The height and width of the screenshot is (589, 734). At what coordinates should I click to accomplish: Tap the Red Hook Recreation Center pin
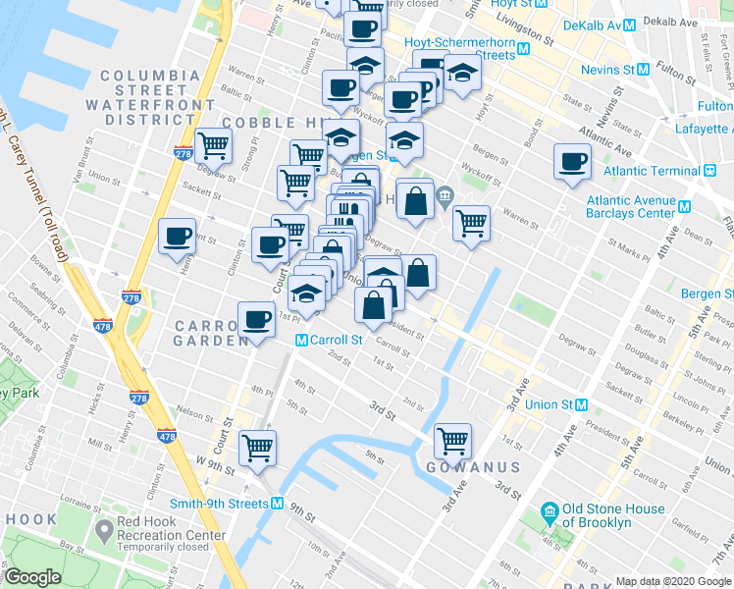point(103,531)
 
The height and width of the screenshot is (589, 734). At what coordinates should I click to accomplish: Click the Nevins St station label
point(606,70)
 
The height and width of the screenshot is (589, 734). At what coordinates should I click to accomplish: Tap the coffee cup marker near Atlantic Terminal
point(572,162)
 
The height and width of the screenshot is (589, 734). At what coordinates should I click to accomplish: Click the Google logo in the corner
point(33,577)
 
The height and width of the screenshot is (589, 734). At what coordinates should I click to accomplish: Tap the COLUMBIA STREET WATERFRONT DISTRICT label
point(149,97)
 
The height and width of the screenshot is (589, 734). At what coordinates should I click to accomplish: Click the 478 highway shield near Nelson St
point(166,436)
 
